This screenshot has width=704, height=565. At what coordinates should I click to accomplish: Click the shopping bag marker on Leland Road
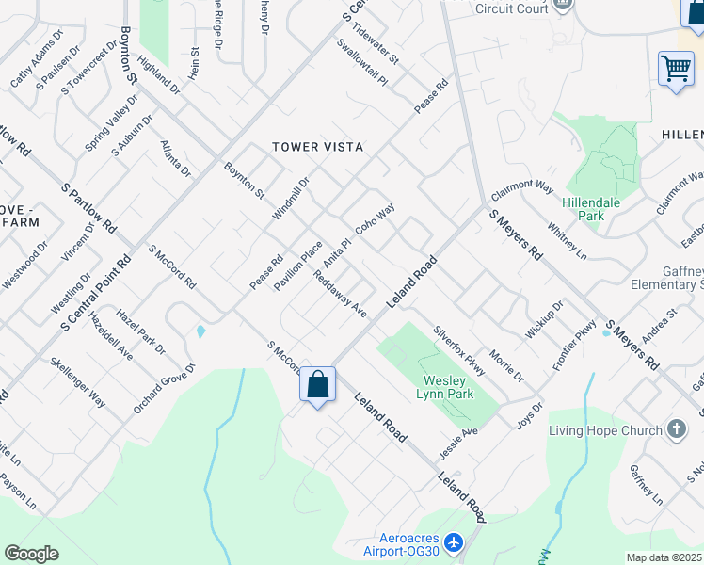[318, 384]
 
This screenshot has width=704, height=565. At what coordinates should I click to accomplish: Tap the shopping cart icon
[676, 69]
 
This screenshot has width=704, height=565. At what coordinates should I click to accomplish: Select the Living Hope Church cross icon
[676, 430]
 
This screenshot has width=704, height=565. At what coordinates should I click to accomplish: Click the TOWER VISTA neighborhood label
[317, 147]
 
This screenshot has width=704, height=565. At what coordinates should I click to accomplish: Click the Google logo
[31, 554]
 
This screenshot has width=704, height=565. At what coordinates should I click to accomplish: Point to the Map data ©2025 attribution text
[664, 557]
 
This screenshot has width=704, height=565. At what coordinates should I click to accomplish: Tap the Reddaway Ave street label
[340, 294]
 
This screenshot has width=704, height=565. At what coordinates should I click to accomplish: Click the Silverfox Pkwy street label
[459, 350]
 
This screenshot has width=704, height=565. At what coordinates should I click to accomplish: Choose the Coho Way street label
[375, 221]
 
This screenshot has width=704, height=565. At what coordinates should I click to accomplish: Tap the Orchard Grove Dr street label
[164, 388]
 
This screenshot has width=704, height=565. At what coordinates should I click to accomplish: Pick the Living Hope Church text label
[605, 431]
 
